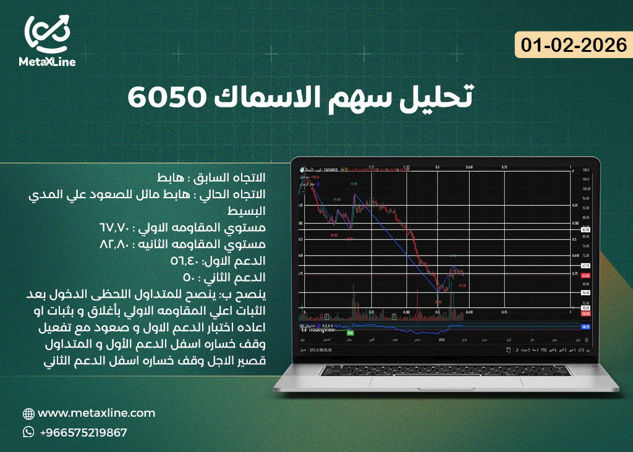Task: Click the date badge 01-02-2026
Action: click(x=574, y=45)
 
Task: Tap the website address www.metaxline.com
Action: click(x=96, y=413)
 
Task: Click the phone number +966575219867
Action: click(x=83, y=432)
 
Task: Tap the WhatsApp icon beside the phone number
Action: click(x=28, y=432)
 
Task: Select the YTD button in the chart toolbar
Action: click(x=544, y=350)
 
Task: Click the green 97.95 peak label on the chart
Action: click(x=354, y=185)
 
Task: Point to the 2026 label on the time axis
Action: click(x=441, y=340)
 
